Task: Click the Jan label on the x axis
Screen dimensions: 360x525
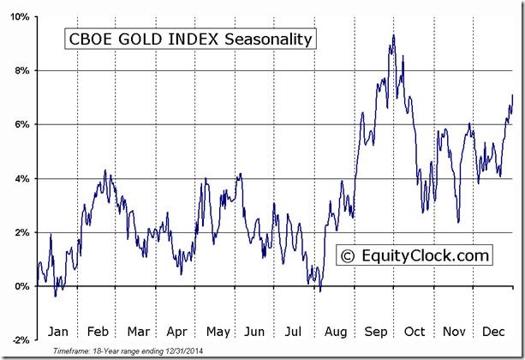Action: [57, 331]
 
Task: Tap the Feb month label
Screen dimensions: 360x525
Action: [98, 331]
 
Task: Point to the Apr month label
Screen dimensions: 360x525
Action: [177, 331]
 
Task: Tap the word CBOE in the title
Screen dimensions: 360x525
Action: [87, 39]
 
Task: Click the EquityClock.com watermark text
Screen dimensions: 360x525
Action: [426, 255]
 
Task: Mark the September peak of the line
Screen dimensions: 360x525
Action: [393, 35]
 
